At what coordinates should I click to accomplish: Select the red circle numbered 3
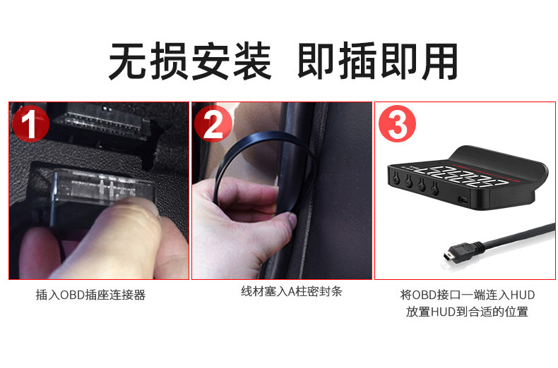coord(398,125)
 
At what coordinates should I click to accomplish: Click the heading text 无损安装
coord(189,61)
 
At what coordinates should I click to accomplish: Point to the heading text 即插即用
coord(378,61)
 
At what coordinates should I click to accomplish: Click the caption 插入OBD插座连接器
coord(90,295)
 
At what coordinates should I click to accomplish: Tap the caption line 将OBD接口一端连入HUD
coord(467,295)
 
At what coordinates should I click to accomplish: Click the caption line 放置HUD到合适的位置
coord(467,312)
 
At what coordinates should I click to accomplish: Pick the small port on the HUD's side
coord(463,200)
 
